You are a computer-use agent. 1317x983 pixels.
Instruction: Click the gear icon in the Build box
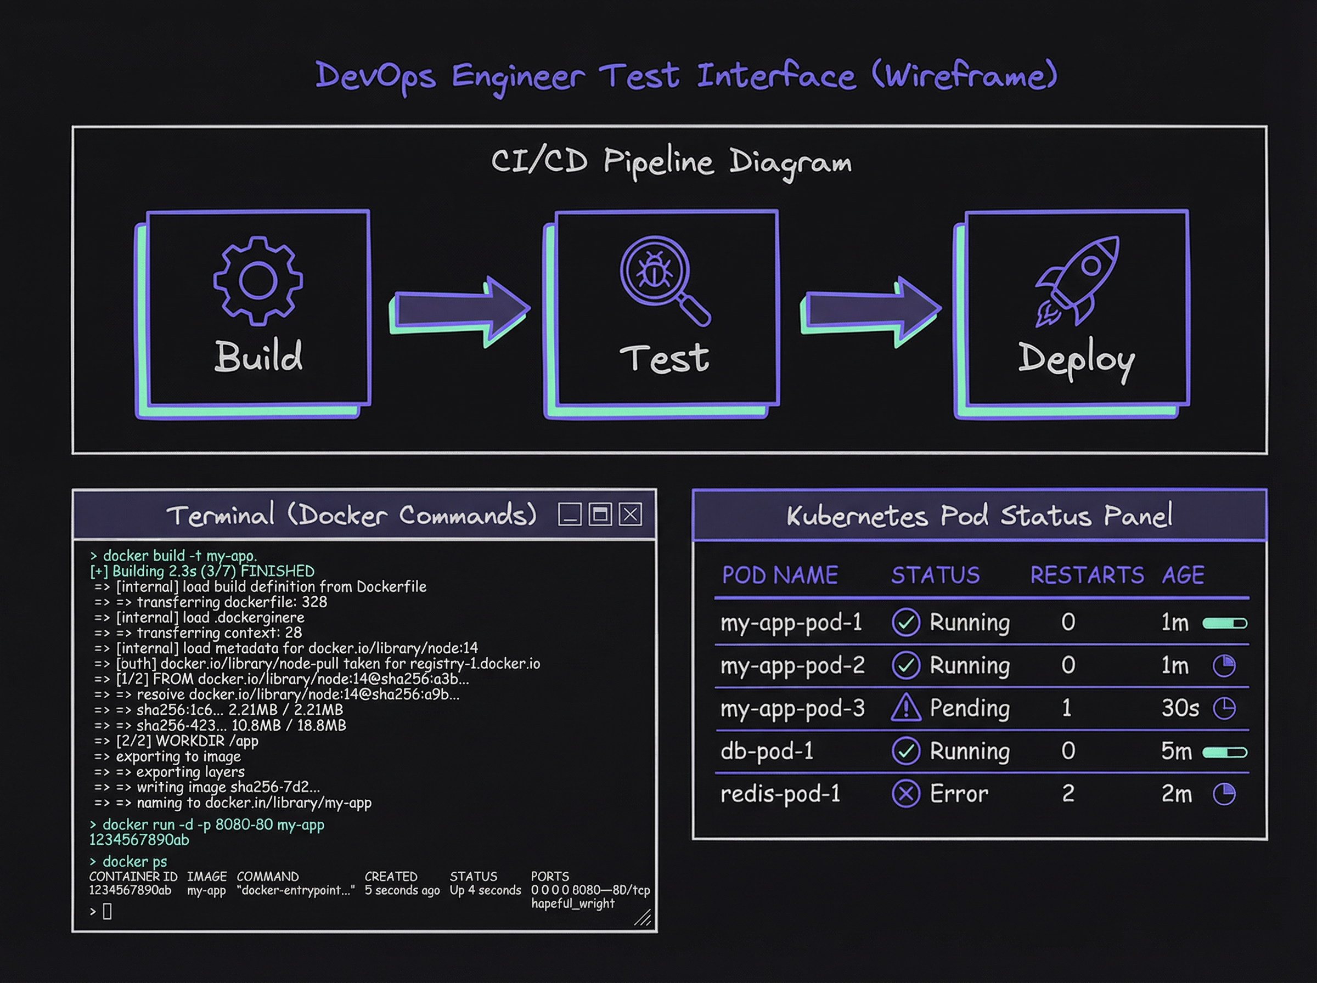(x=258, y=281)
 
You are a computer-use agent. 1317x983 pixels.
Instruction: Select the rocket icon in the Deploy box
(x=1078, y=280)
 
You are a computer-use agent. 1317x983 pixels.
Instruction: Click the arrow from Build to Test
(x=460, y=309)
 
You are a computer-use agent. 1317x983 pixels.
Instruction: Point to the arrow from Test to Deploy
(x=871, y=309)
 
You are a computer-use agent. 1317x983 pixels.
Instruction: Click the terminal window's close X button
(x=630, y=514)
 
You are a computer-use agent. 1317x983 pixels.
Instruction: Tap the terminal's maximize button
(x=600, y=514)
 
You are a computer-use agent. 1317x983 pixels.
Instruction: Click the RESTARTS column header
(x=1087, y=575)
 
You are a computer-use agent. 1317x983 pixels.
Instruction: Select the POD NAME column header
(x=780, y=575)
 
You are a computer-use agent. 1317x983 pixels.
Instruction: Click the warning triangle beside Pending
(x=906, y=708)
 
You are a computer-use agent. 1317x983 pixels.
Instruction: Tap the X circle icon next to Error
(x=906, y=794)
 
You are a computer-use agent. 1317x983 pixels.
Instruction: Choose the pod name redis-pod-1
(x=780, y=794)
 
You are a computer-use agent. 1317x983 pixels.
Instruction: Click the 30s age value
(x=1179, y=708)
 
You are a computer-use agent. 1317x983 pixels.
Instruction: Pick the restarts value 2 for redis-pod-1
(x=1068, y=794)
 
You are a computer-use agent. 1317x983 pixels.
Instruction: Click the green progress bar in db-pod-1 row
(x=1224, y=752)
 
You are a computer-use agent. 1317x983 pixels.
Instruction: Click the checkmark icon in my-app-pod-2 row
(x=906, y=665)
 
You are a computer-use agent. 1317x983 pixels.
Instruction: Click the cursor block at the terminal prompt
(x=107, y=911)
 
